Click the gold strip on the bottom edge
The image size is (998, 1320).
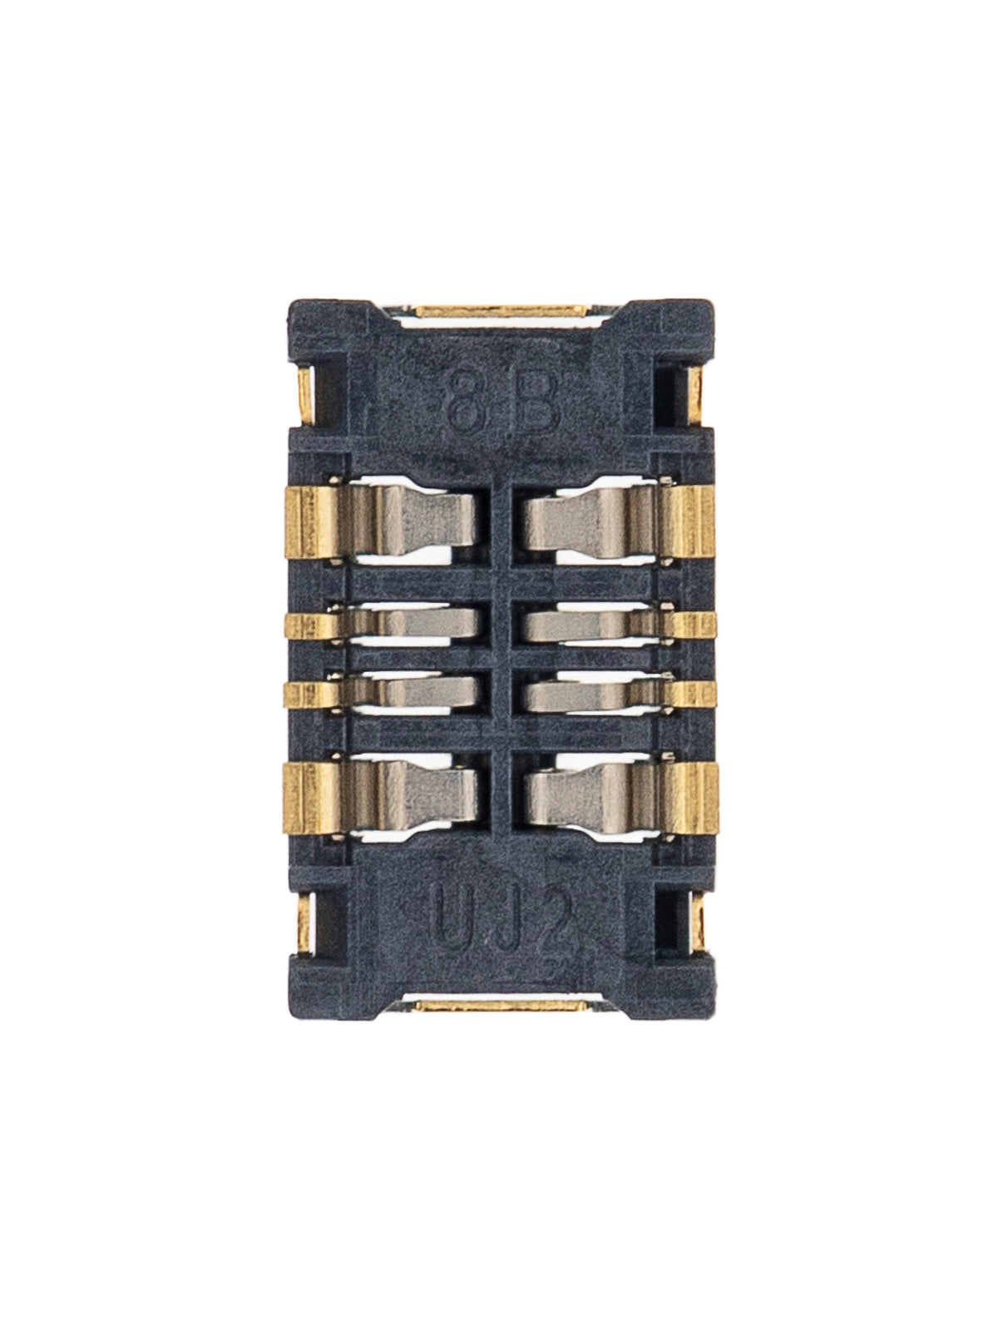point(498,1006)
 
